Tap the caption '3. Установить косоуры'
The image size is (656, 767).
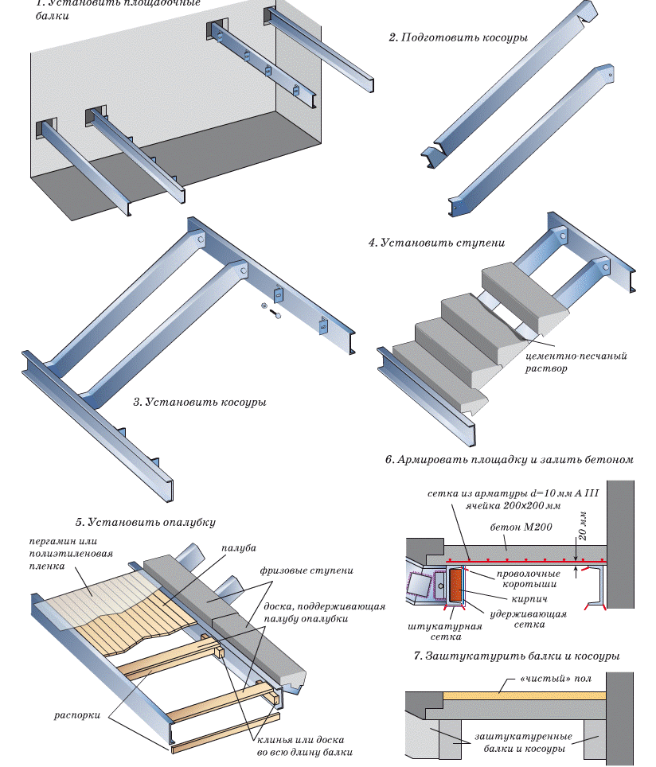[199, 403]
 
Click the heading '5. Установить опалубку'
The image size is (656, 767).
[146, 523]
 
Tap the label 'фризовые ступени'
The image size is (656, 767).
[306, 570]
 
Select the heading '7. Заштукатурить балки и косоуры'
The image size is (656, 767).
[517, 656]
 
